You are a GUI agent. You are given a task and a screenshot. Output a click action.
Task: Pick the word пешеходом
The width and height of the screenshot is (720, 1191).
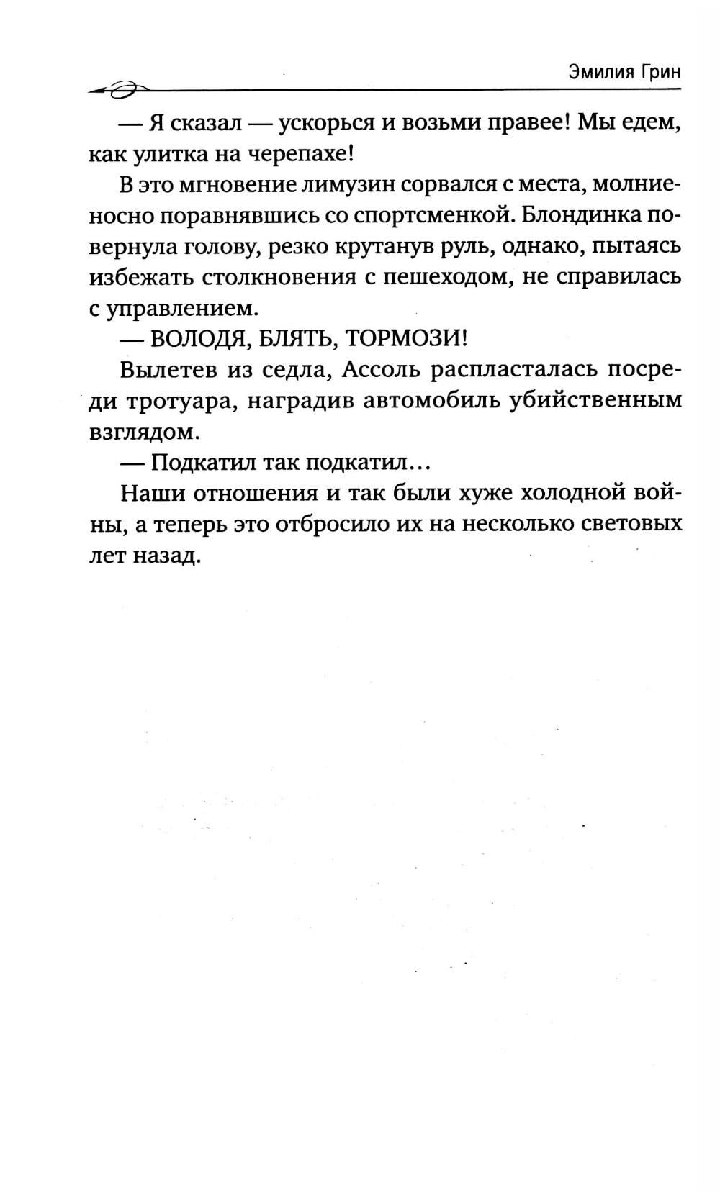(446, 277)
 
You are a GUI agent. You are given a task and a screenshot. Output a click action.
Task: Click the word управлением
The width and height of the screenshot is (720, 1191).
(182, 309)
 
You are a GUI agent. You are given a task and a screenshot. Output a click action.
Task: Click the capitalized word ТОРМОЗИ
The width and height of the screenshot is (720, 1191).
(406, 339)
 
